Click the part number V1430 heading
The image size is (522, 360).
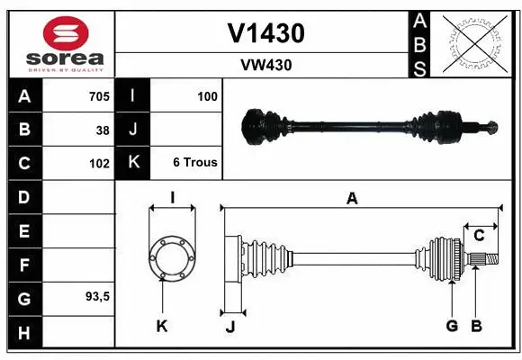pyautogui.click(x=265, y=33)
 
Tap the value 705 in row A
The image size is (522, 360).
pyautogui.click(x=98, y=96)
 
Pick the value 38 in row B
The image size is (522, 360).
pyautogui.click(x=102, y=130)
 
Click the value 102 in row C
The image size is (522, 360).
pyautogui.click(x=98, y=164)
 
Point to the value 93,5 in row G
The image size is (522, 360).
pyautogui.click(x=96, y=296)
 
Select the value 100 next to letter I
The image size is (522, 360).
pyautogui.click(x=207, y=96)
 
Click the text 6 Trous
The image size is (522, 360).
pyautogui.click(x=194, y=163)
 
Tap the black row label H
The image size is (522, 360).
pyautogui.click(x=23, y=334)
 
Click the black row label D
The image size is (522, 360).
pyautogui.click(x=23, y=196)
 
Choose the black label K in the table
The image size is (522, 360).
pyautogui.click(x=133, y=163)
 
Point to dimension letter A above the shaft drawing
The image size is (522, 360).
pyautogui.click(x=352, y=200)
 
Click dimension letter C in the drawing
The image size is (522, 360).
pyautogui.click(x=480, y=236)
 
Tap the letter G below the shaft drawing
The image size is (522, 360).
pyautogui.click(x=452, y=326)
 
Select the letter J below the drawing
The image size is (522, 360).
pyautogui.click(x=229, y=327)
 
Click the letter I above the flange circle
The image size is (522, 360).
pyautogui.click(x=172, y=199)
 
